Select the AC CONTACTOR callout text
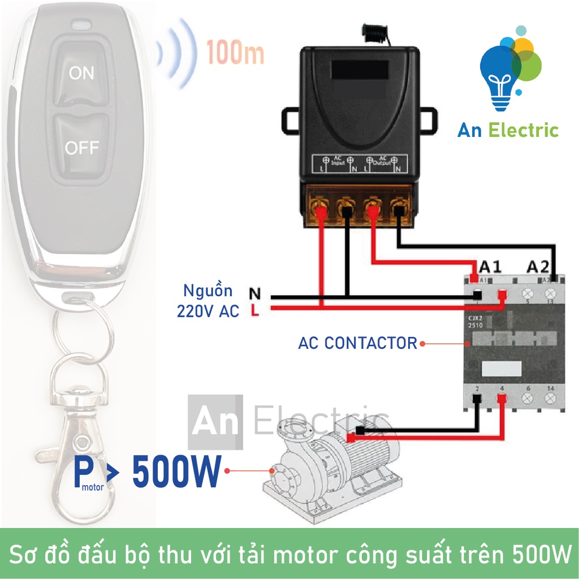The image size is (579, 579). [357, 343]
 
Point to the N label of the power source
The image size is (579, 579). [255, 294]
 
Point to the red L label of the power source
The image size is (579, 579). [255, 310]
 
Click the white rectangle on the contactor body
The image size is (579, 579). [500, 369]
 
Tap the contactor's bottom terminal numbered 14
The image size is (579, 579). [550, 399]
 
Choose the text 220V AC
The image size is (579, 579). [208, 310]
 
